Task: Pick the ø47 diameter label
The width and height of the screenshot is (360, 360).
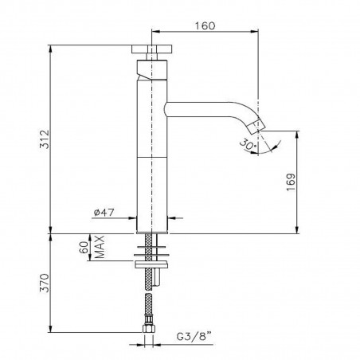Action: tap(105, 212)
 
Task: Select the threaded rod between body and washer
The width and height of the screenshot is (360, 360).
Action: tap(147, 242)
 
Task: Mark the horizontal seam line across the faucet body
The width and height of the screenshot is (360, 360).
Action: tap(151, 157)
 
